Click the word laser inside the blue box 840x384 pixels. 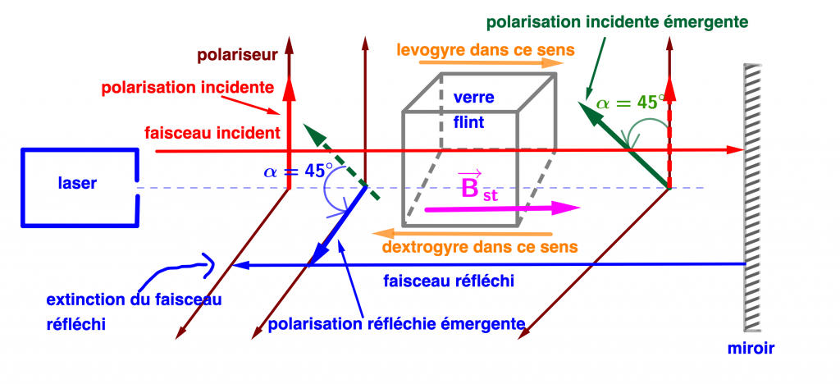(x=78, y=184)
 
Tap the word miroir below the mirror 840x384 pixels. (x=751, y=349)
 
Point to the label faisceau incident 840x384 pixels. (x=212, y=132)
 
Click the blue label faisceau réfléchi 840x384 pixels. (x=449, y=281)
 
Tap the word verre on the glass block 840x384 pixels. (x=472, y=98)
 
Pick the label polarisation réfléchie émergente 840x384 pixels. (x=397, y=323)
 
